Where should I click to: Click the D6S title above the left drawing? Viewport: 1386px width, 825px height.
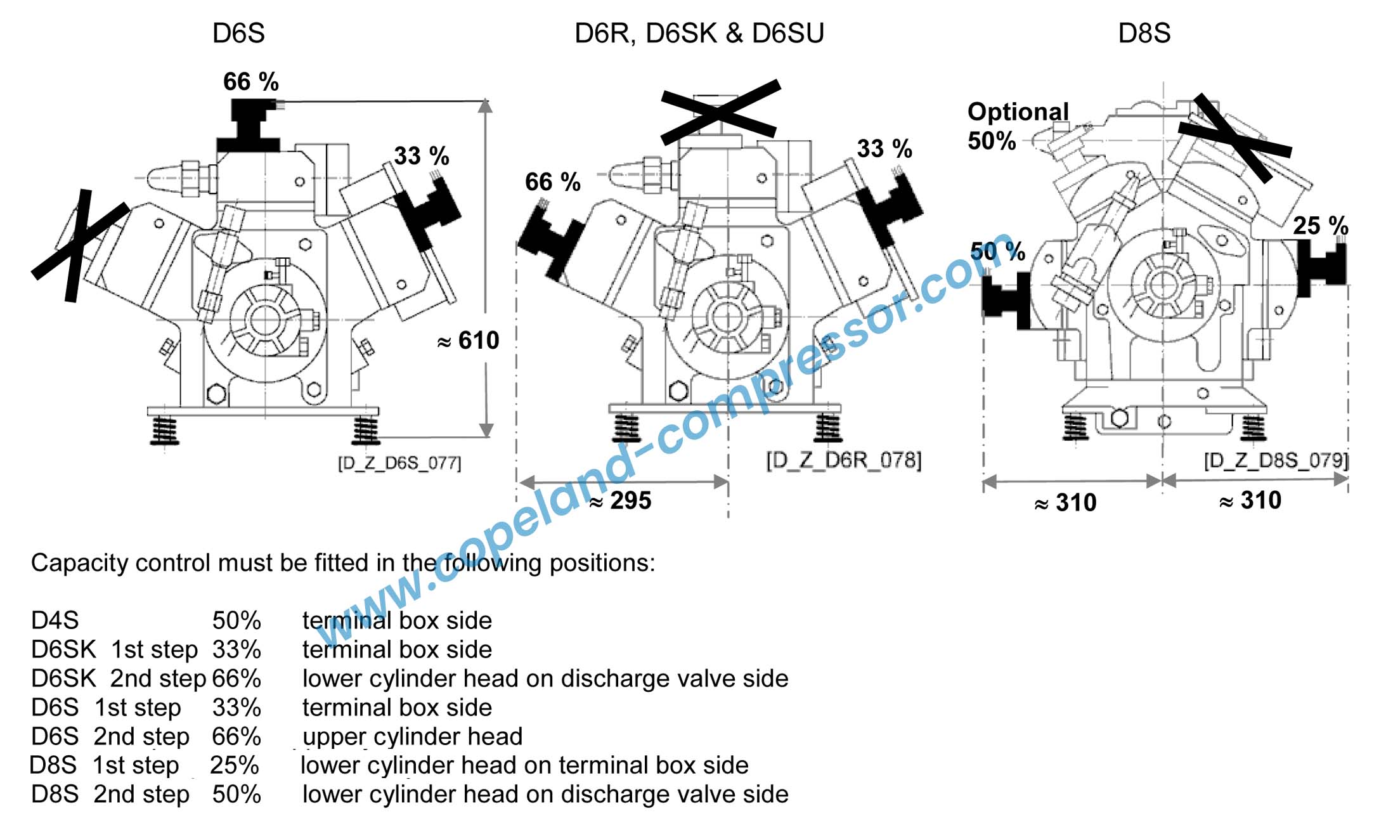click(238, 33)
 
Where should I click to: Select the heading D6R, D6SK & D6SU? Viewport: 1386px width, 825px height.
click(699, 33)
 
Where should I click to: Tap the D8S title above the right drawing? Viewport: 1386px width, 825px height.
click(1144, 33)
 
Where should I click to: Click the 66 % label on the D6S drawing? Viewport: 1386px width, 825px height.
click(250, 82)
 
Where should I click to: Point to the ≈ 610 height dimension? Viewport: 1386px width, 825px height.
click(469, 341)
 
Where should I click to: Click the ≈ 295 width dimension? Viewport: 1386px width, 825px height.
click(620, 501)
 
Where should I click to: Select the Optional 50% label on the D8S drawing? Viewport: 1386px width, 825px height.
click(1016, 126)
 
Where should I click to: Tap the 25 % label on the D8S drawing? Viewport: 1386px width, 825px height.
click(1320, 226)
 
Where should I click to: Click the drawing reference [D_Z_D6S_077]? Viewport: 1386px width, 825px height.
click(399, 463)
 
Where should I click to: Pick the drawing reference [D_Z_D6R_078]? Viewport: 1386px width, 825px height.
click(843, 460)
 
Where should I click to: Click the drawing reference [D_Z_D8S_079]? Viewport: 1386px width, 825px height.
click(1276, 460)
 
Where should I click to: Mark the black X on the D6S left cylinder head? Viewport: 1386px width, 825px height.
click(79, 244)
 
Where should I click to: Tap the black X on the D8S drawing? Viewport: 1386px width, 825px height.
click(1233, 138)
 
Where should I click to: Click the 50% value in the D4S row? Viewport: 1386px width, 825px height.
click(236, 620)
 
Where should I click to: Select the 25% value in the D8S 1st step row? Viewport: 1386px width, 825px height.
click(235, 765)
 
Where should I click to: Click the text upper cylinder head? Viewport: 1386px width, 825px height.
click(412, 736)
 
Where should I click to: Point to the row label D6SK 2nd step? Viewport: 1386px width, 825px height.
click(119, 679)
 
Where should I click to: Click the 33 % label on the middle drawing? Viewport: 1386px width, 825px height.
click(884, 149)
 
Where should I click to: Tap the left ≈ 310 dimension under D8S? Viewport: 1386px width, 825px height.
click(1065, 503)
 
